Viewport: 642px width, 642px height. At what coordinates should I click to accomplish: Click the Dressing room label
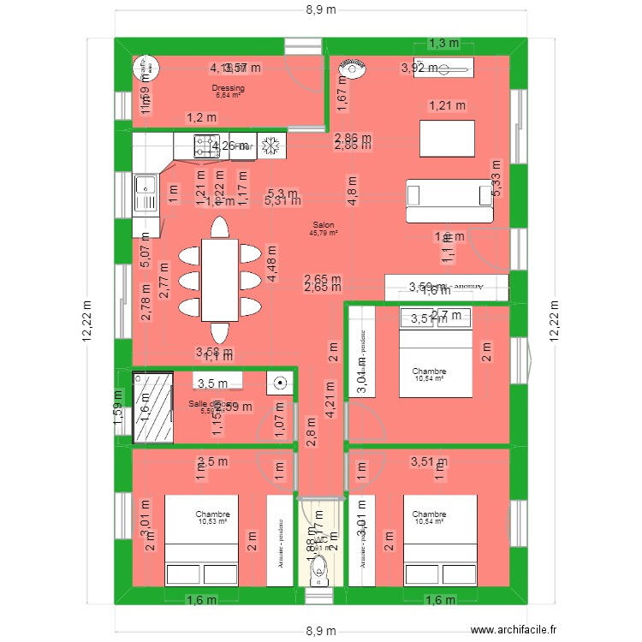(228, 88)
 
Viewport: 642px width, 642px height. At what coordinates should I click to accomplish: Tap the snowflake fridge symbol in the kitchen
(271, 146)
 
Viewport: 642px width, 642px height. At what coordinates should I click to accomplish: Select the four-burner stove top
(206, 146)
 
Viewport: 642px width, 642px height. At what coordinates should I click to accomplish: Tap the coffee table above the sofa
(447, 138)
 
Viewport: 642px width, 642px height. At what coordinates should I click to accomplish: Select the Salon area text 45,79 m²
(325, 232)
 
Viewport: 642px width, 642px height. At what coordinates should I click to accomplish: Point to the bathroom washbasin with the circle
(279, 383)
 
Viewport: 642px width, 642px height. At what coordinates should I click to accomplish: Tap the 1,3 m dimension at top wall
(443, 43)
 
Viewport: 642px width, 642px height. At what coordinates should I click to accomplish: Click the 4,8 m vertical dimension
(352, 186)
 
